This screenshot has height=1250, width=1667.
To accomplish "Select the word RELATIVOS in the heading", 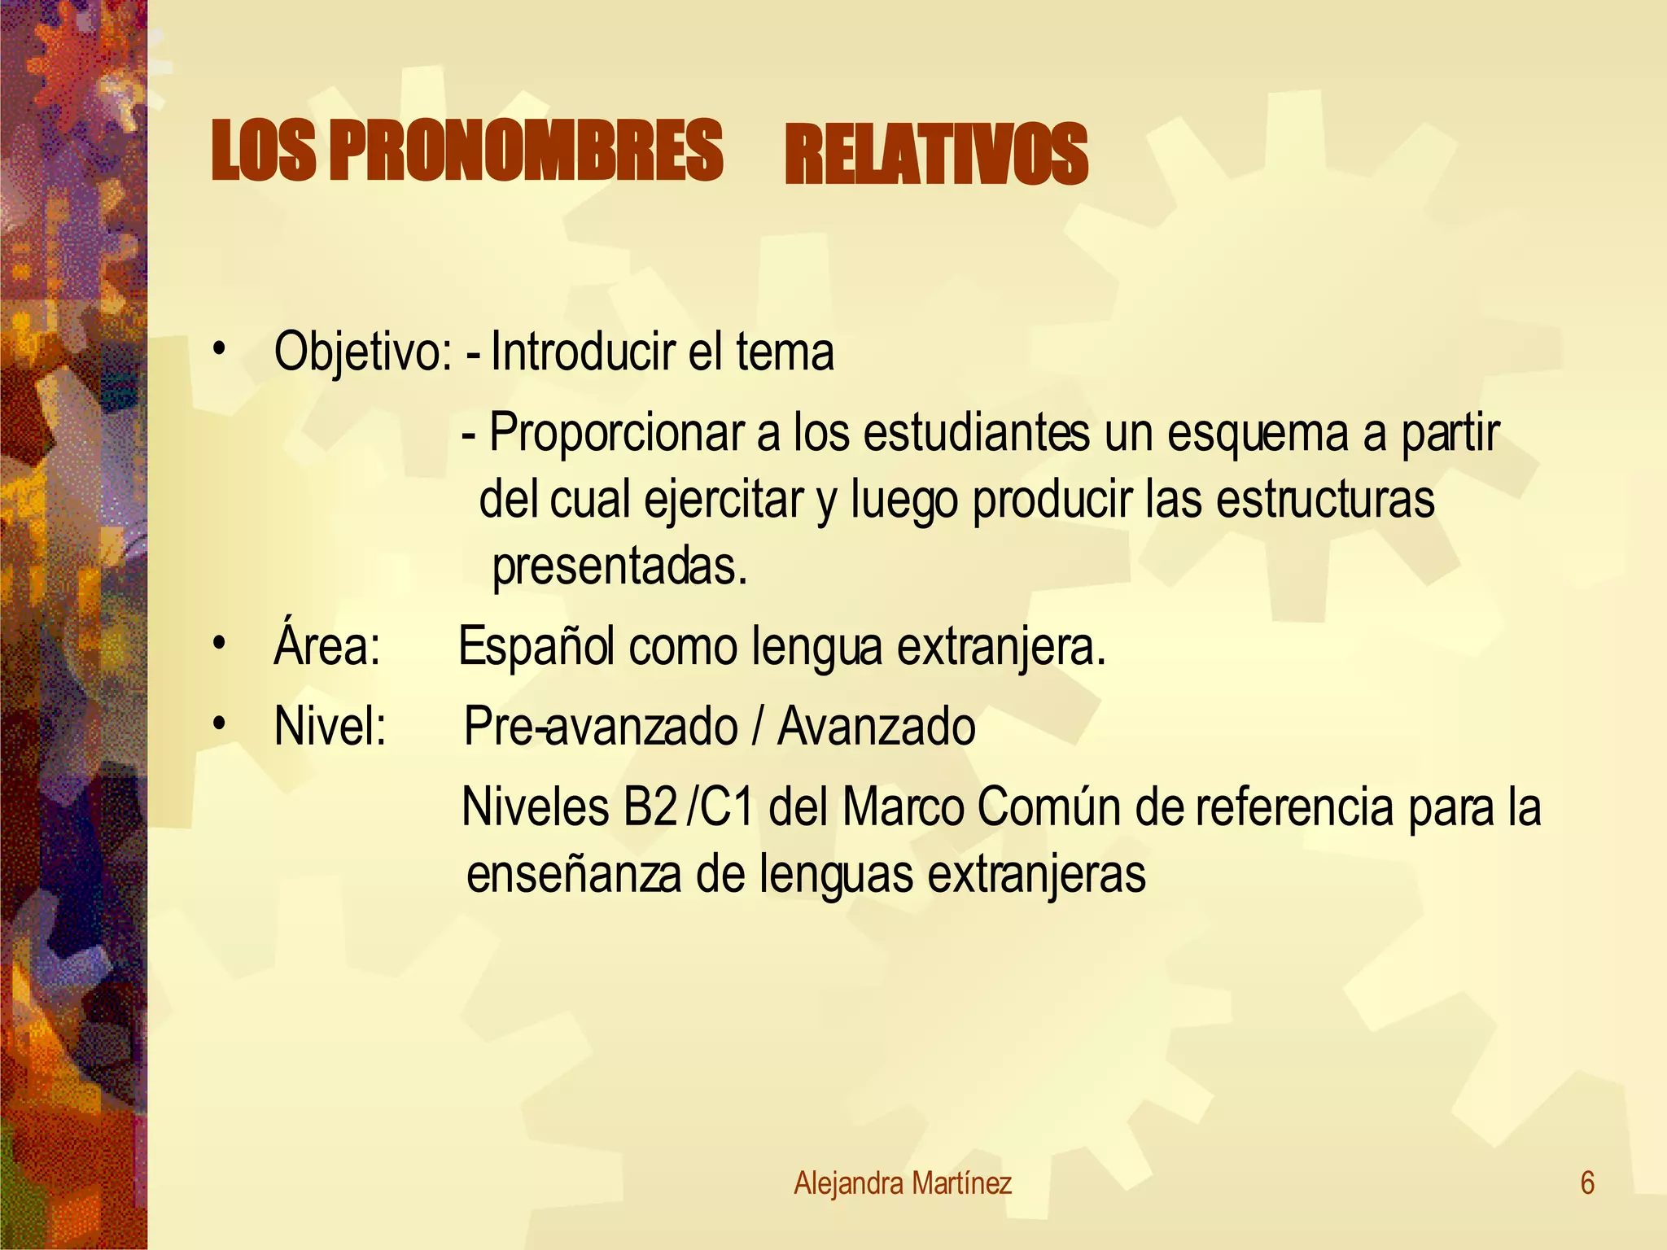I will point(936,155).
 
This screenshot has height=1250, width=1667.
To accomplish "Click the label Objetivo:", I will point(363,352).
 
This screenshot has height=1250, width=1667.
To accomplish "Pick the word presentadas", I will point(619,566).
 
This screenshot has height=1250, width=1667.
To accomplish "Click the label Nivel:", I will point(330,726).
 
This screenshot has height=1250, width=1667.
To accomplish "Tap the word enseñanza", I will point(574,874).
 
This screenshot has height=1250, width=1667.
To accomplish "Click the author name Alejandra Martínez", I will point(903,1183).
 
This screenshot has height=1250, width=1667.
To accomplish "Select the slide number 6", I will point(1587,1183).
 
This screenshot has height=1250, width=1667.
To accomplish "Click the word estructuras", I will point(1325,500).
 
